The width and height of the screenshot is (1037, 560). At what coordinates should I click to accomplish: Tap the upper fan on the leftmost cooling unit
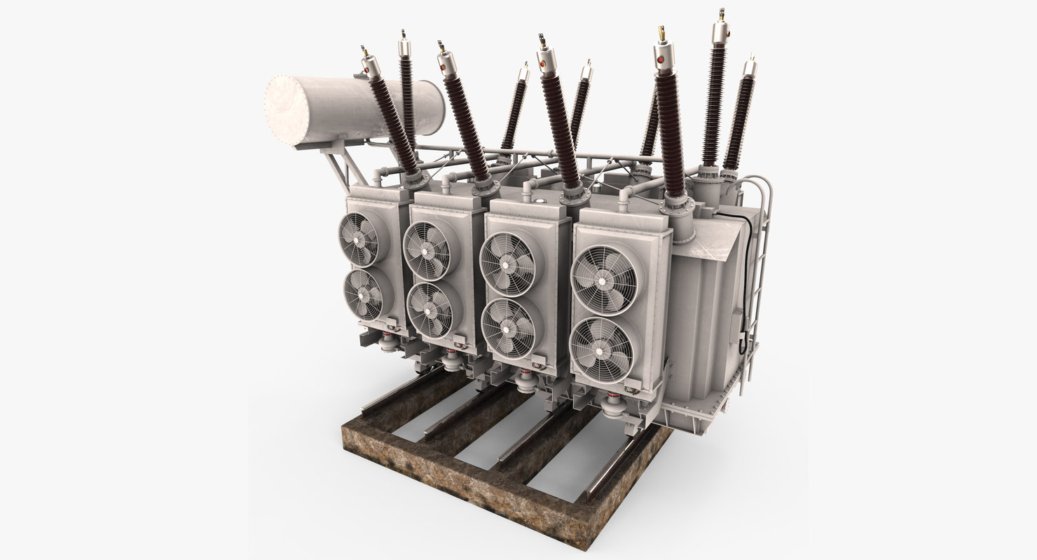click(359, 238)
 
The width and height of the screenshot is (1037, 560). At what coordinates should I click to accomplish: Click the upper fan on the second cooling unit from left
click(427, 250)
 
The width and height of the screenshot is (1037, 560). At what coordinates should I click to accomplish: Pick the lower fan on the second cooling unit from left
click(430, 309)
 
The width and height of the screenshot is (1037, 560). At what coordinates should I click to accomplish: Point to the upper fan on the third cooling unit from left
click(507, 264)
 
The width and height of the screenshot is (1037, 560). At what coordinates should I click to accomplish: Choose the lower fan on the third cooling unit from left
click(509, 327)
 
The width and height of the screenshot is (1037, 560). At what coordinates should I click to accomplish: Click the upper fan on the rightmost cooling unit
click(604, 279)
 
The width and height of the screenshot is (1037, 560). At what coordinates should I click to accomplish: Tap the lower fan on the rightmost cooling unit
click(604, 349)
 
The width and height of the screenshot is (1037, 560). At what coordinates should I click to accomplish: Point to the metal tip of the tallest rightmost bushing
click(720, 15)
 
